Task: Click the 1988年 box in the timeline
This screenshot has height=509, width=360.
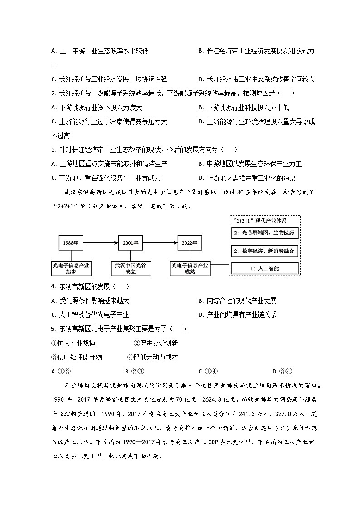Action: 71,243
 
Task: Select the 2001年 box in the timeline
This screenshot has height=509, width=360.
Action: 130,243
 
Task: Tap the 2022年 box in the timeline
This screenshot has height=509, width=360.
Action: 190,243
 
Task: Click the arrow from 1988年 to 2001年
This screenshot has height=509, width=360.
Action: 101,243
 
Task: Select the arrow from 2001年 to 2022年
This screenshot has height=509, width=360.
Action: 160,243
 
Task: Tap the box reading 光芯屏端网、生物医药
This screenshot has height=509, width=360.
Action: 265,233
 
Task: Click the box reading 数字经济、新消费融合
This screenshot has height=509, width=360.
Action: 265,251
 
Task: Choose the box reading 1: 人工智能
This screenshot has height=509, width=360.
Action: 265,268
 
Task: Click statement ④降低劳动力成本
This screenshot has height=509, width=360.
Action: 152,357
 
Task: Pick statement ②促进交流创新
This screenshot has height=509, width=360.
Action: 156,343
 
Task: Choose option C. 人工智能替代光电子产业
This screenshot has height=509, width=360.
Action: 90,315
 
